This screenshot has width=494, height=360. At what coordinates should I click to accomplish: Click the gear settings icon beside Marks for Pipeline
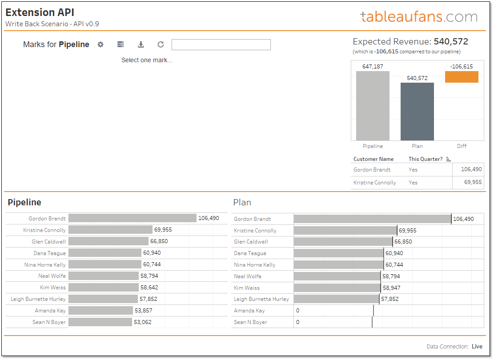[x=100, y=44]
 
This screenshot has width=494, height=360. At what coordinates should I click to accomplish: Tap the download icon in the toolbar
[x=141, y=44]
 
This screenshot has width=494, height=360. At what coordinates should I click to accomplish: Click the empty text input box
[x=221, y=44]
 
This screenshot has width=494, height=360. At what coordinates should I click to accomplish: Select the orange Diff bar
[x=462, y=77]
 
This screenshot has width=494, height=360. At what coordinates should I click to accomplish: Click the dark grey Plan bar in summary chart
[x=417, y=112]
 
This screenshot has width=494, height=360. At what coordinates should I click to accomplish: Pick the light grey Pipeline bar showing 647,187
[x=373, y=106]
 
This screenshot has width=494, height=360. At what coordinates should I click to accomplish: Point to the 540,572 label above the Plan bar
[x=417, y=78]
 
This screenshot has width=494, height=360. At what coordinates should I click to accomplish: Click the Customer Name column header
[x=374, y=159]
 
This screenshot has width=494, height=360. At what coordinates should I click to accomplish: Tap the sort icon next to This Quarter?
[x=448, y=159]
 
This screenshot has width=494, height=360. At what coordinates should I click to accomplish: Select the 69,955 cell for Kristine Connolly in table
[x=473, y=182]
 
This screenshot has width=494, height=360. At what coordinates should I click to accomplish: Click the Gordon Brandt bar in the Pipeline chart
[x=132, y=218]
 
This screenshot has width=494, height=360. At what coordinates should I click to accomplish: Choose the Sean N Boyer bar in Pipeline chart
[x=100, y=322]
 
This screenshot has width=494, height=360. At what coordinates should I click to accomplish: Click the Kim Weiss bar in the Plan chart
[x=337, y=288]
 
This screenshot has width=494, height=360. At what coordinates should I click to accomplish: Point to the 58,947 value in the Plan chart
[x=391, y=288]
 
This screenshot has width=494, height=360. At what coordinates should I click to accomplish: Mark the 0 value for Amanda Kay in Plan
[x=297, y=311]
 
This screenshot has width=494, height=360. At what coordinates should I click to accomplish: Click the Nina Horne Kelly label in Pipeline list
[x=45, y=264]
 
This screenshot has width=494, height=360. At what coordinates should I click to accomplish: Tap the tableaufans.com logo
[x=418, y=17]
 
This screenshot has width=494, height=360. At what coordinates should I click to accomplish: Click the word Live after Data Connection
[x=477, y=347]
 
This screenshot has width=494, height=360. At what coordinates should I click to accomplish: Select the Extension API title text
[x=40, y=12]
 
